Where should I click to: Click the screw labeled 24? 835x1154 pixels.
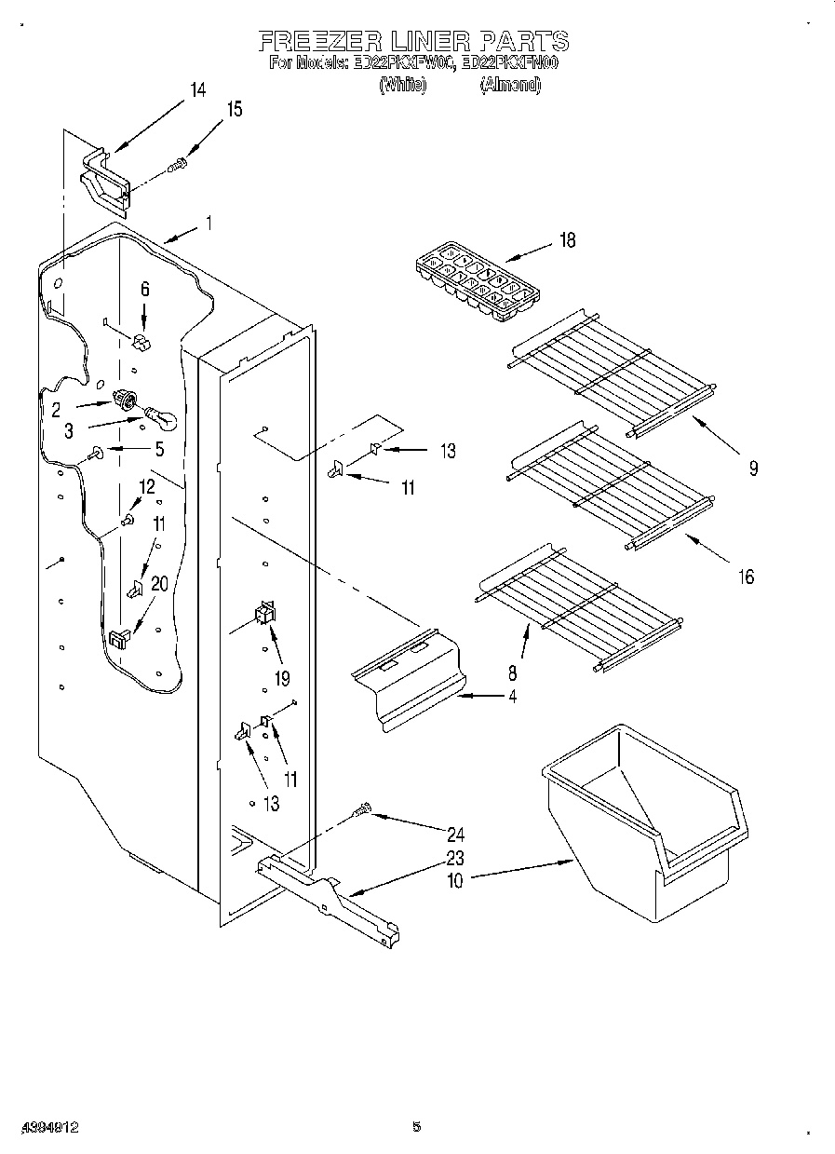coord(363,810)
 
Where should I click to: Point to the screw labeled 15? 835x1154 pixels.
coord(177,166)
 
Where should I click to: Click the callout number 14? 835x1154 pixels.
coord(197,90)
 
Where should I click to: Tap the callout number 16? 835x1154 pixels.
coord(746,577)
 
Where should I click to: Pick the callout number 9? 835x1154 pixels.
coord(752,469)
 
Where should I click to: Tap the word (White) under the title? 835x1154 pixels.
coord(402,85)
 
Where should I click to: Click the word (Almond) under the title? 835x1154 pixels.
coord(509,85)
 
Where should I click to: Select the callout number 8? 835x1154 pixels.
coord(513,672)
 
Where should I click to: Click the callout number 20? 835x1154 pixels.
coord(159,584)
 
